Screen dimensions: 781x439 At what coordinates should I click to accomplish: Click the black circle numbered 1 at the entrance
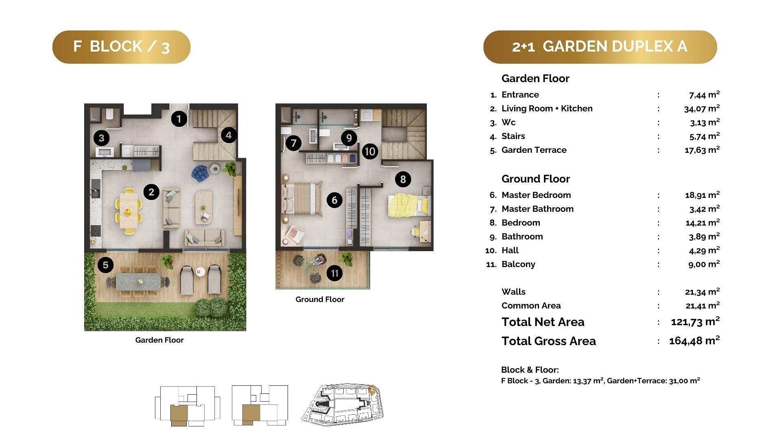pos(179,119)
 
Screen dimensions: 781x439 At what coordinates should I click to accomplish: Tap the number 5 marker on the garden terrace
pos(105,265)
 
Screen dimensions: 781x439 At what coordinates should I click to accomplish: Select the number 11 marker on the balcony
pos(334,273)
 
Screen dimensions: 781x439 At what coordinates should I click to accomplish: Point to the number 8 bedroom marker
pos(403,179)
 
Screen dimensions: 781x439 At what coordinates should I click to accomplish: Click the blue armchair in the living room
pos(200,173)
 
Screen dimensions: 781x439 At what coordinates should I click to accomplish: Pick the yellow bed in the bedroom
pos(408,205)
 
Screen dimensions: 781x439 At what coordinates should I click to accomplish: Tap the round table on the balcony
pos(311,267)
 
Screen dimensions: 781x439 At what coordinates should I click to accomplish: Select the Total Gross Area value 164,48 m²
pos(694,340)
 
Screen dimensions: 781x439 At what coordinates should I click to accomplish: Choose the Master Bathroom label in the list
pos(537,209)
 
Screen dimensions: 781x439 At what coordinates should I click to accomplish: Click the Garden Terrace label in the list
pos(534,150)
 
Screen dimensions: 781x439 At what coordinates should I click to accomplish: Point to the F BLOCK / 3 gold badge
pos(121,47)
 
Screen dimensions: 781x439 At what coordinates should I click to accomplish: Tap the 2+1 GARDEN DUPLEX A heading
pos(600,47)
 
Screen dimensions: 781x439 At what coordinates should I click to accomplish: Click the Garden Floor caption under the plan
pos(159,340)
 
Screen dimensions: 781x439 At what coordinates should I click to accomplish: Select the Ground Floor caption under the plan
pos(320,300)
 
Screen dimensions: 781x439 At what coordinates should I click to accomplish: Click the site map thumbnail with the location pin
pos(343,404)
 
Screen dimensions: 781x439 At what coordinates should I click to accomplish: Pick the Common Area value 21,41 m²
pos(702,305)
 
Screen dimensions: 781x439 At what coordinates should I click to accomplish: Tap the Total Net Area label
pos(543,322)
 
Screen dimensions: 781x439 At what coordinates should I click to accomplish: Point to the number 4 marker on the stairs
pos(229,135)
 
